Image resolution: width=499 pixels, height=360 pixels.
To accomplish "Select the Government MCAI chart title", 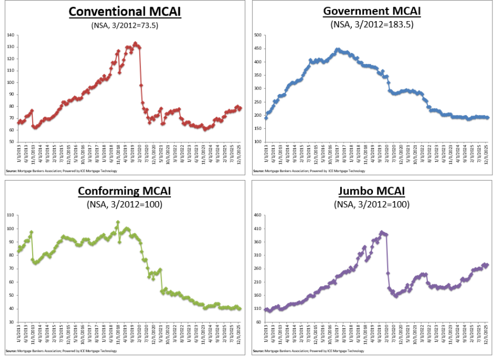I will click(372, 11).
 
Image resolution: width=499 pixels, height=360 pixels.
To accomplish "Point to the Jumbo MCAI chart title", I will click(372, 191).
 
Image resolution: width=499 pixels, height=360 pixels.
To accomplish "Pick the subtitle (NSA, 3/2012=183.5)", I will click(372, 24).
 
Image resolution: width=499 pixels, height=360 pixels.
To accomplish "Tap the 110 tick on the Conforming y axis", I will click(10, 215).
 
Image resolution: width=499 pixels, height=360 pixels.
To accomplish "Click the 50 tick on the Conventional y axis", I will click(11, 142).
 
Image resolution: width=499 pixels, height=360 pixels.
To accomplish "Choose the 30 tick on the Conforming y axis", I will click(11, 322).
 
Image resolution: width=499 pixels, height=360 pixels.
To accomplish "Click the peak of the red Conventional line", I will click(135, 43).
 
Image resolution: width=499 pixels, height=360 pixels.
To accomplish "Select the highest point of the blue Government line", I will click(337, 49).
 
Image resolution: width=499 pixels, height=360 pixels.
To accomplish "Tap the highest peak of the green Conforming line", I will click(118, 222).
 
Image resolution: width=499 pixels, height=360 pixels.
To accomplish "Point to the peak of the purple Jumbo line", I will click(381, 232).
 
